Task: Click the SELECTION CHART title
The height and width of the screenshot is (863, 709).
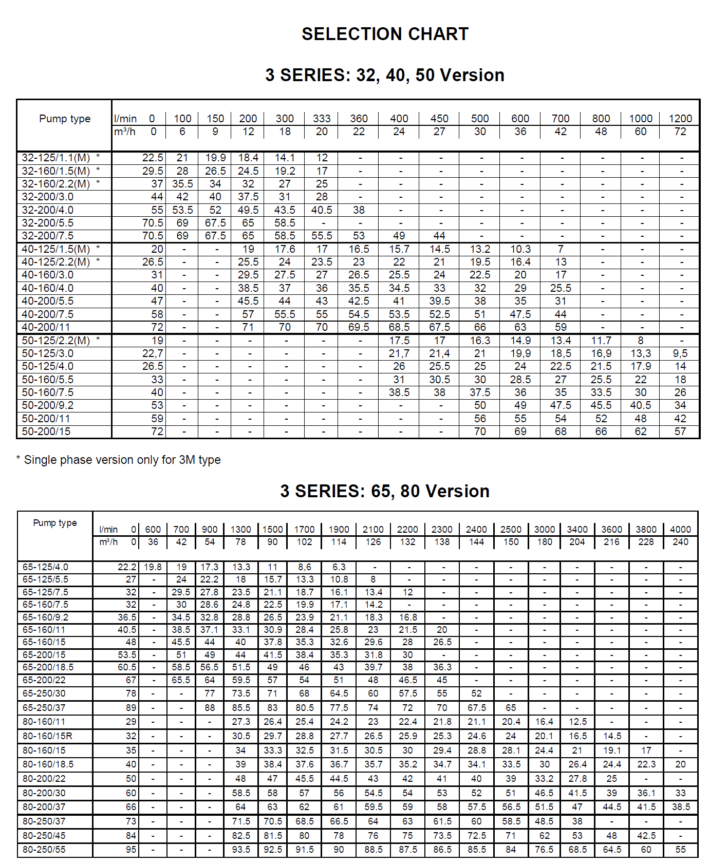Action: click(385, 34)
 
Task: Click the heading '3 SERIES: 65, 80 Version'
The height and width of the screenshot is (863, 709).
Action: click(385, 491)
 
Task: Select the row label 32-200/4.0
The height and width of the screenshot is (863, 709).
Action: click(48, 210)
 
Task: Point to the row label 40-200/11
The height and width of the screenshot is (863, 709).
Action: click(46, 327)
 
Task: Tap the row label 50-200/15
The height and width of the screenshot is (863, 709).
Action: click(46, 431)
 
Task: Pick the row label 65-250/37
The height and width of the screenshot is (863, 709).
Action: click(44, 708)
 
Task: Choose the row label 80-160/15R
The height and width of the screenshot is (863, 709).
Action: click(47, 736)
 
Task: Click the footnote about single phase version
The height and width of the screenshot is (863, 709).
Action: click(119, 460)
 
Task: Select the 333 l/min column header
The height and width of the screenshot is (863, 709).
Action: click(322, 119)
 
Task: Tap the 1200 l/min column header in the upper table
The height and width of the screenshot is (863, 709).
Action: click(680, 119)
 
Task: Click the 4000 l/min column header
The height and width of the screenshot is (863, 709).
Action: click(680, 530)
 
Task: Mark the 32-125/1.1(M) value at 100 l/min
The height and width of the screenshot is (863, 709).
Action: click(182, 158)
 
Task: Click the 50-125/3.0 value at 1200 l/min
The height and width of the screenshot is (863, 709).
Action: click(680, 353)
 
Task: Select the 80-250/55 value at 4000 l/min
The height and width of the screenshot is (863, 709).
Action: click(680, 850)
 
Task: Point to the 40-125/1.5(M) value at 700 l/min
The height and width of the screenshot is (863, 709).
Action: click(561, 249)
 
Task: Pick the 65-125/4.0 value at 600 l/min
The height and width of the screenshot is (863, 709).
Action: click(153, 567)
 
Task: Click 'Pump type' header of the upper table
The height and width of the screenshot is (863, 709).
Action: click(65, 119)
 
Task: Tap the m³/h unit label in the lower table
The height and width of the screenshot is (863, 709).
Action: click(108, 542)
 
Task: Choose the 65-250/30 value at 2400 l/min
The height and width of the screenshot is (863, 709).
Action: click(476, 693)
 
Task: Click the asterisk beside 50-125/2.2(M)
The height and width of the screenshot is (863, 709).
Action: click(98, 340)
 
